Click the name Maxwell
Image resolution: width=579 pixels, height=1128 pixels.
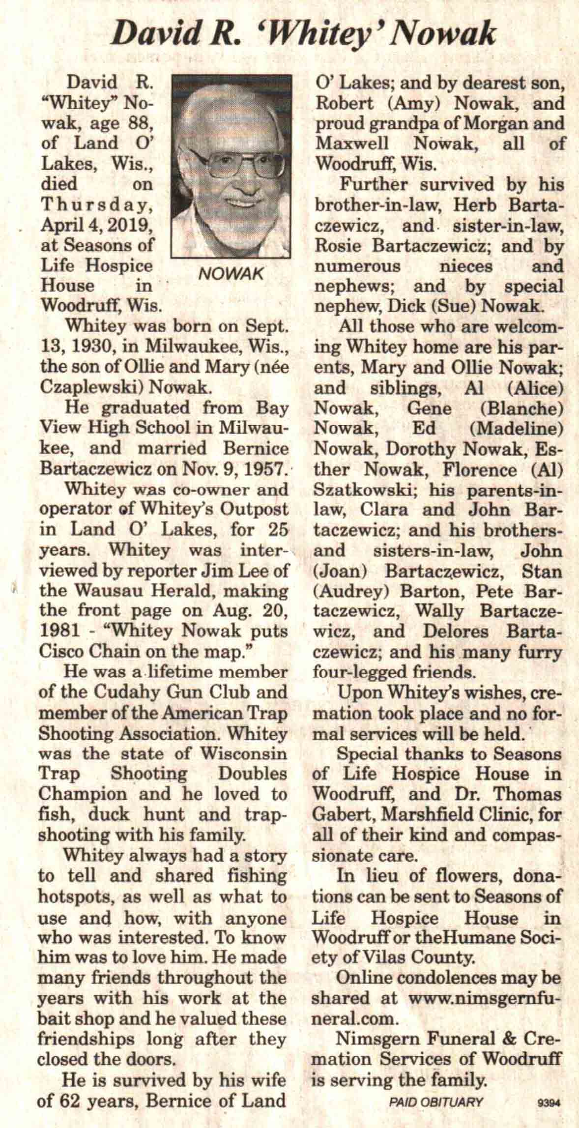coord(352,144)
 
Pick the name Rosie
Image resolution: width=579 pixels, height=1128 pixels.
coord(337,246)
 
